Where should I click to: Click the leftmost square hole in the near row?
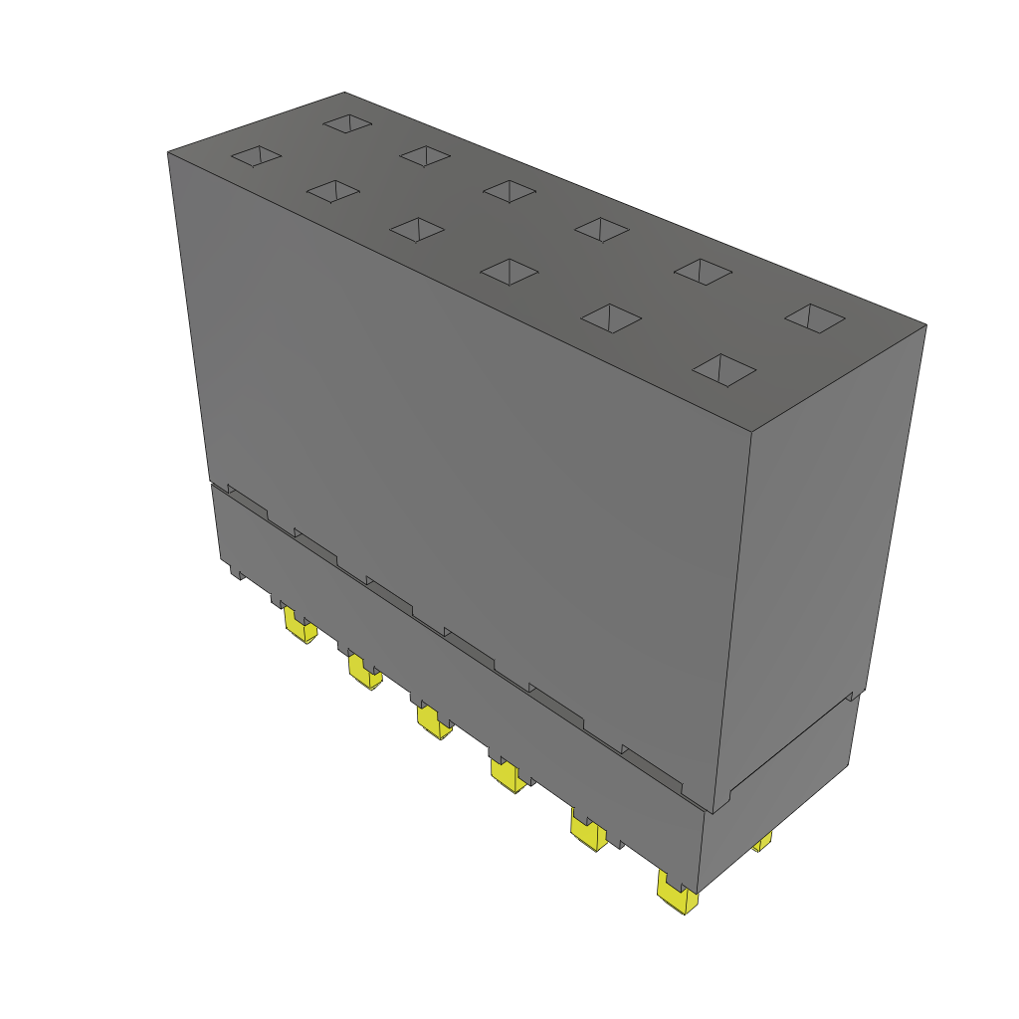pos(257,156)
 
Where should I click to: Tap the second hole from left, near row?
pos(333,190)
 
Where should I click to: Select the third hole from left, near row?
pos(417,229)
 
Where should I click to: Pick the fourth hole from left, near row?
pos(509,271)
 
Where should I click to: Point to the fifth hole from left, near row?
pos(610,317)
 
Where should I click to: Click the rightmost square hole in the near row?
pos(723,369)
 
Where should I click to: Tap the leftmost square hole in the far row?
pos(347,123)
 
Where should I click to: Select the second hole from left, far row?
pos(426,155)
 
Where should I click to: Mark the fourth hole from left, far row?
pos(601,228)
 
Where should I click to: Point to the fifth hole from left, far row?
pos(703,270)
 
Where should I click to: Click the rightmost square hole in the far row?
pos(815,317)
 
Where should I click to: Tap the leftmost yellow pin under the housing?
pos(299,626)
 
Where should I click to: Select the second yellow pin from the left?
pos(364,674)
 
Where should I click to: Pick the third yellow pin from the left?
pos(433,722)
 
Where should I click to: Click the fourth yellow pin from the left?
pos(508,775)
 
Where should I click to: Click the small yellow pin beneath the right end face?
pos(762,843)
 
